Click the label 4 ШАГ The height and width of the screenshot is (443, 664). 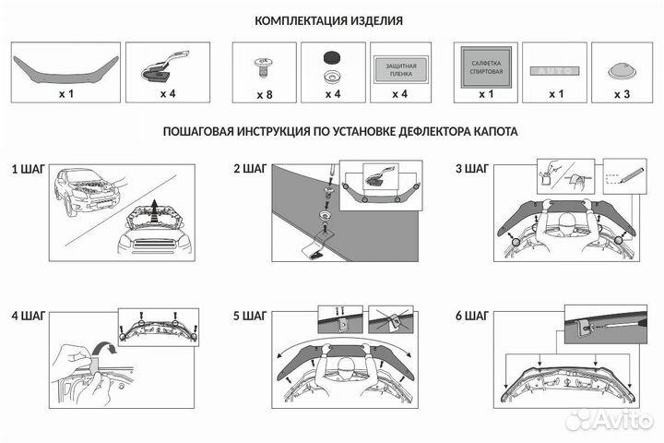[x=27, y=316]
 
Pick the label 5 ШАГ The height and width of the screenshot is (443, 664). [x=249, y=316]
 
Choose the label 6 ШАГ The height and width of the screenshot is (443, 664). [x=471, y=316]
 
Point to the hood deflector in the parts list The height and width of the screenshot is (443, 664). [x=65, y=64]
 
